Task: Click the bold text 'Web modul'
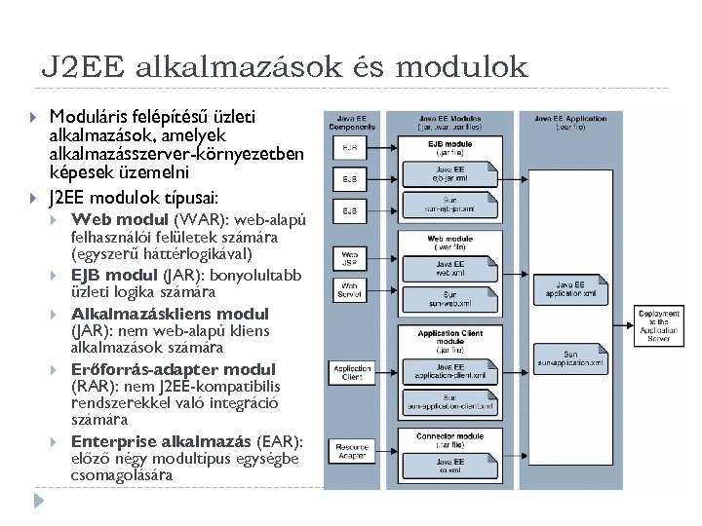(x=113, y=218)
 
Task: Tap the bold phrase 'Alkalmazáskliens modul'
(x=170, y=314)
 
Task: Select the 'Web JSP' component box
(x=349, y=259)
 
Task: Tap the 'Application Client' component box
(x=351, y=373)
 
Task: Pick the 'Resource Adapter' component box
(x=351, y=451)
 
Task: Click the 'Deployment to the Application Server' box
(x=660, y=324)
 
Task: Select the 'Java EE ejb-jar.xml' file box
(x=450, y=174)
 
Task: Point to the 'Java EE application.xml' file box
(x=571, y=289)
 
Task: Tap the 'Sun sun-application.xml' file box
(x=571, y=359)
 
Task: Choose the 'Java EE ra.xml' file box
(x=450, y=465)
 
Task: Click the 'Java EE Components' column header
(x=352, y=122)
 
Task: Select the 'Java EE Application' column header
(x=571, y=122)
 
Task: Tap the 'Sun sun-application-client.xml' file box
(x=450, y=401)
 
